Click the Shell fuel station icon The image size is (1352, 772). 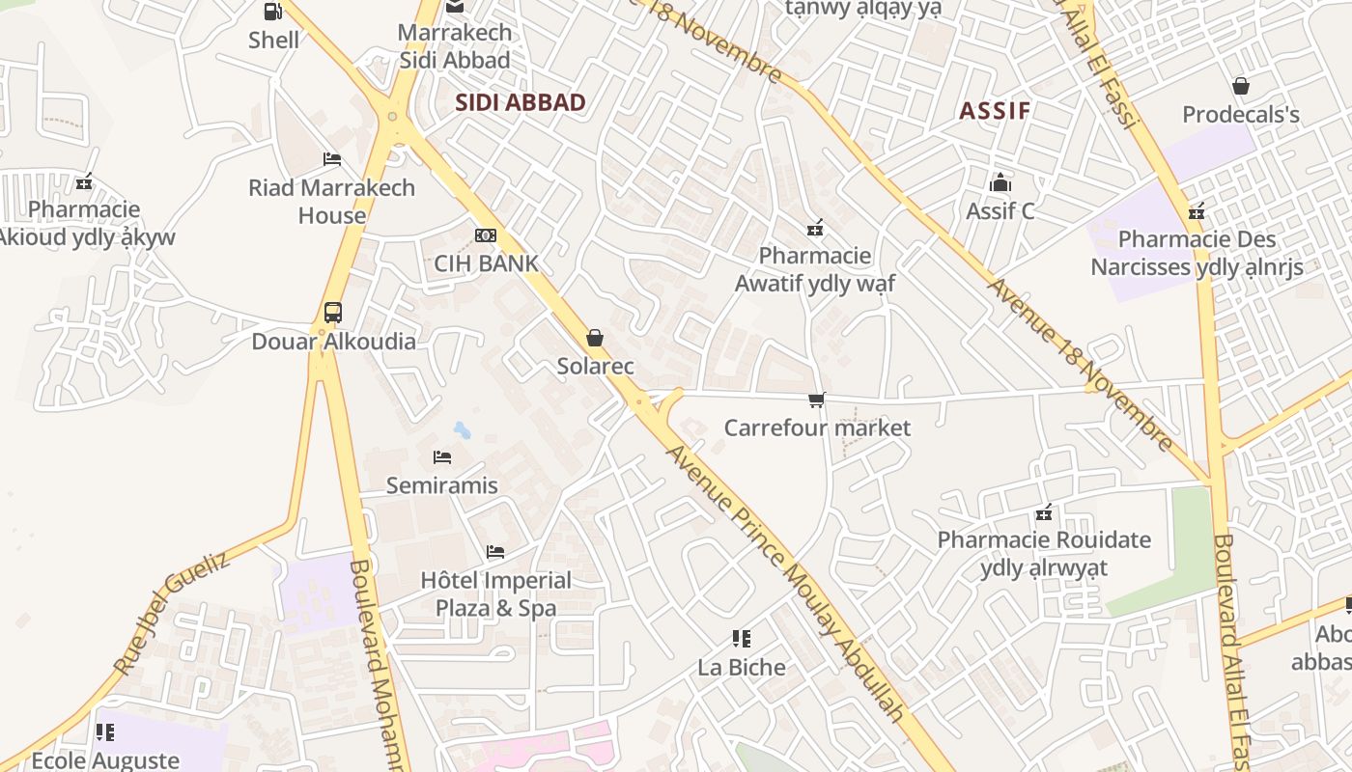click(273, 12)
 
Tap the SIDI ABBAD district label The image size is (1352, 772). click(521, 102)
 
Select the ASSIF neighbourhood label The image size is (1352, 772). click(995, 110)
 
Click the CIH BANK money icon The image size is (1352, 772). click(486, 235)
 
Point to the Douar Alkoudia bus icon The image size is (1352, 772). click(333, 313)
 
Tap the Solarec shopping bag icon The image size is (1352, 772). click(595, 338)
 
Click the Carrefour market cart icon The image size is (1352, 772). click(817, 399)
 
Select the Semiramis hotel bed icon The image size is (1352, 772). click(442, 456)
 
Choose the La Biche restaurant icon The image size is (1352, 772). click(742, 638)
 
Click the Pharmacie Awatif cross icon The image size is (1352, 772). click(815, 228)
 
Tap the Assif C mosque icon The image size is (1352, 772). click(1000, 182)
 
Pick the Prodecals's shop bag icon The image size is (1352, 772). click(1241, 86)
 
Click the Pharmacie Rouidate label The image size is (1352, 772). click(1044, 553)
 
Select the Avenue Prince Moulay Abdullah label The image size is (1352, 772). click(786, 583)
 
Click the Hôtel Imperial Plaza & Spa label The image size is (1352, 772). click(496, 593)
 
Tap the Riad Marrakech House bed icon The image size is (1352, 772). click(332, 158)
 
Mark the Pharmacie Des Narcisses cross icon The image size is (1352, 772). click(1197, 211)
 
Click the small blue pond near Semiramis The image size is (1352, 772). click(463, 429)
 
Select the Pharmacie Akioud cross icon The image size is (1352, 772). click(84, 181)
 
